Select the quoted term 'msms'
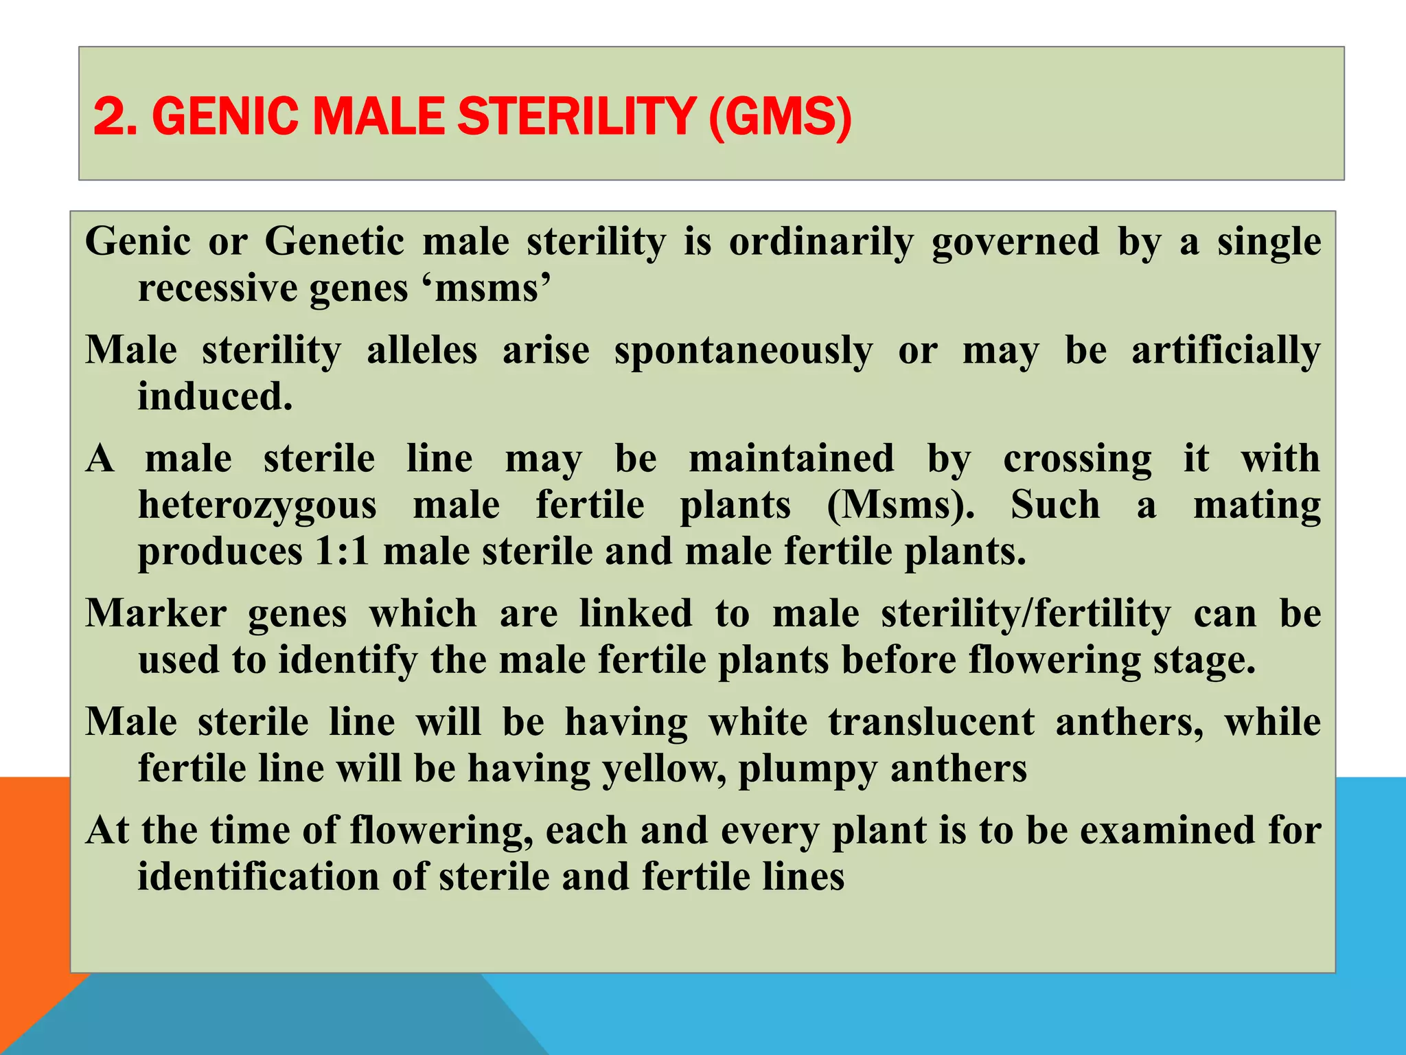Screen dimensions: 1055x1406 (x=493, y=287)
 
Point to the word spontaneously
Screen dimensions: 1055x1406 (x=744, y=351)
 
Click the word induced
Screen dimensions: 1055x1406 (x=215, y=396)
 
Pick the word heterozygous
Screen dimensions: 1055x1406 (x=257, y=506)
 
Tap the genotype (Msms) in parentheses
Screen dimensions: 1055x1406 (x=900, y=506)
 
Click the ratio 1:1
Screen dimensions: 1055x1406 (x=343, y=551)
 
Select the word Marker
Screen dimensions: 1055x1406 (x=156, y=613)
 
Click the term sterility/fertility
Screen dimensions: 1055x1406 (x=1026, y=613)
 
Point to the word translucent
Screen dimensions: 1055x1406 (x=932, y=722)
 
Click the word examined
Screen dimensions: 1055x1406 (x=1168, y=830)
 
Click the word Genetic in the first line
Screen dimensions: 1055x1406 (x=334, y=242)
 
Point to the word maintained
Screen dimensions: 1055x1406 (x=792, y=459)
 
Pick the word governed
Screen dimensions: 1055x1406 (x=1015, y=242)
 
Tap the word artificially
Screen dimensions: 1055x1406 (x=1226, y=351)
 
